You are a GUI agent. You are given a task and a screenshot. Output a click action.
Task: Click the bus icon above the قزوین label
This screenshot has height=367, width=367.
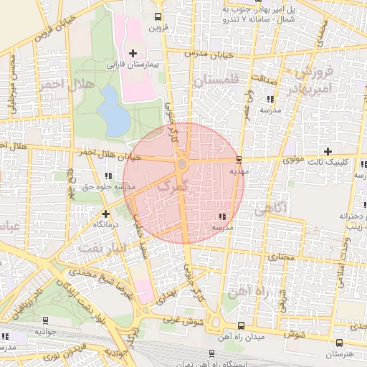tap(158, 16)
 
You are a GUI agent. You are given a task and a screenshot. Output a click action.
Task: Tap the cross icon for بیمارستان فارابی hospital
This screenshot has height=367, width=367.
tap(133, 52)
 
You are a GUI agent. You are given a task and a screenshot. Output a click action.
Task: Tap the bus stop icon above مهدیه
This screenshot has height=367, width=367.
tap(239, 159)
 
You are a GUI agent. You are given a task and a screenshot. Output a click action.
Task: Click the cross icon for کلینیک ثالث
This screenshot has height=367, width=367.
tap(328, 151)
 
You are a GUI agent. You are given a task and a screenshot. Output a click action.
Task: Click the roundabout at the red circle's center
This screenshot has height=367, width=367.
tap(182, 165)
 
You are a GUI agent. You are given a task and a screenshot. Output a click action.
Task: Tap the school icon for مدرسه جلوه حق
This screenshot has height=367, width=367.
tap(108, 175)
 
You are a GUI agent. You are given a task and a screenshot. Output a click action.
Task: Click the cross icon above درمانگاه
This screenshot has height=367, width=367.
tap(106, 213)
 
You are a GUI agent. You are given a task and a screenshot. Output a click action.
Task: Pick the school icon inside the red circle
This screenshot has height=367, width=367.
tap(222, 216)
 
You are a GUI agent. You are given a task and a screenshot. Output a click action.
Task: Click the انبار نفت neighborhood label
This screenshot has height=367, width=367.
tap(93, 249)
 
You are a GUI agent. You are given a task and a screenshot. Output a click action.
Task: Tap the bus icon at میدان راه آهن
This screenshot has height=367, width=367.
tap(239, 324)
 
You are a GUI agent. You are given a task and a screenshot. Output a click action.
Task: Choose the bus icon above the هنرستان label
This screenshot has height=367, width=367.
tap(340, 343)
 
